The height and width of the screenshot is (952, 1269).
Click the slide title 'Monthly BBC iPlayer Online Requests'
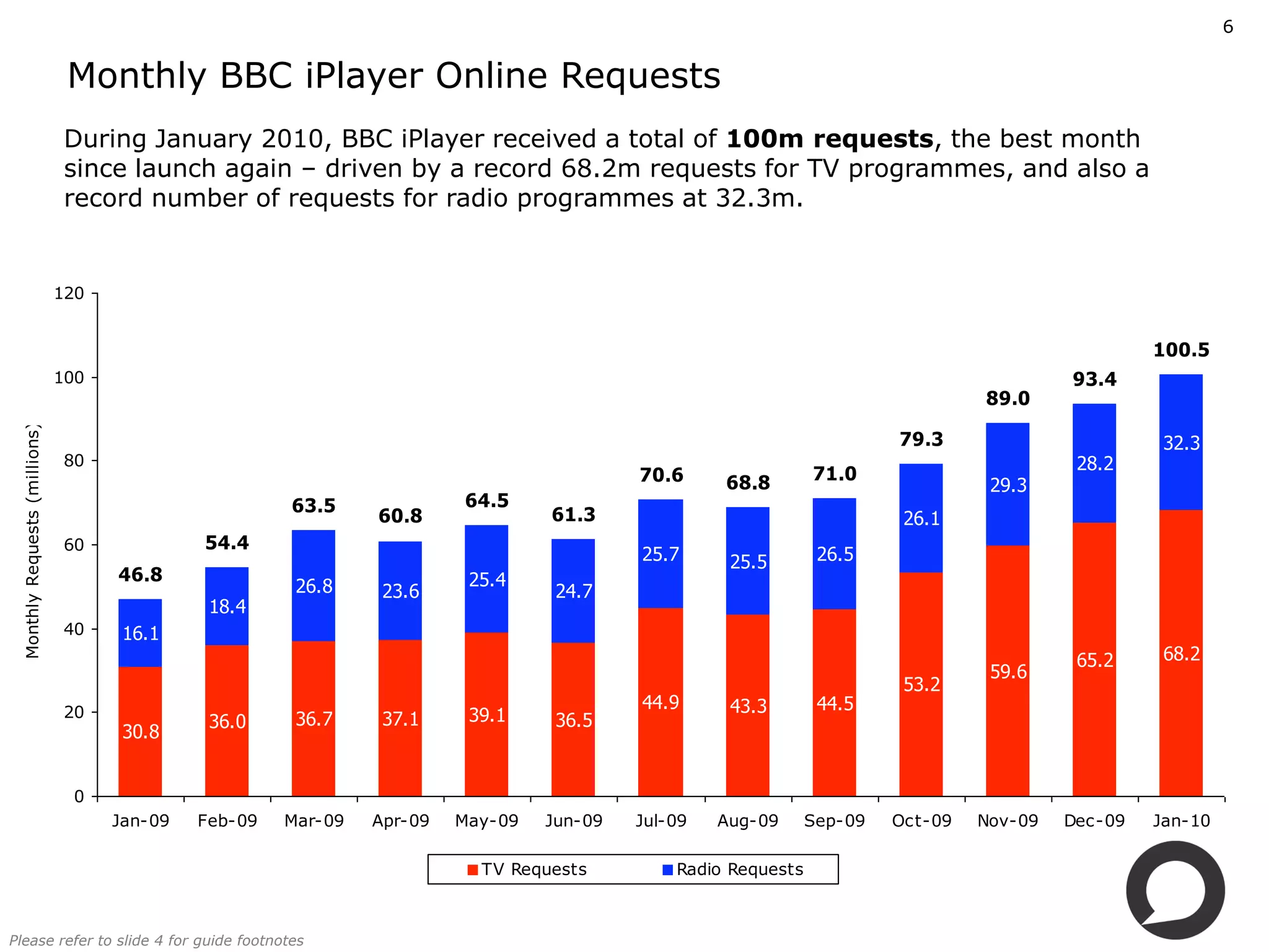point(394,76)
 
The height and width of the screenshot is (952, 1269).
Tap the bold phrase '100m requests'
point(830,139)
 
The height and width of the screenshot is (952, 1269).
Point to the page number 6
point(1227,27)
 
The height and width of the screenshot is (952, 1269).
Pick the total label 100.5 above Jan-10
point(1181,350)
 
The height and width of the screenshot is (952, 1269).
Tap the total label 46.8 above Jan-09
point(140,575)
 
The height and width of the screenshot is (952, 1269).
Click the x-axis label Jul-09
point(661,821)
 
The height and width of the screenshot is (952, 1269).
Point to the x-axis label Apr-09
point(400,821)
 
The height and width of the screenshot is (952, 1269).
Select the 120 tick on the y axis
point(69,293)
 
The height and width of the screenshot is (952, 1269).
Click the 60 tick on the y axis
point(74,545)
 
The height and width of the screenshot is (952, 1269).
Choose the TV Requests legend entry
point(527,869)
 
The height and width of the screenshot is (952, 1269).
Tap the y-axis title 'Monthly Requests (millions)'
point(33,541)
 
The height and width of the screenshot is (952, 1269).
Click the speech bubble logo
point(1175,890)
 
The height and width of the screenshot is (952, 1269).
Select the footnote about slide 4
point(156,940)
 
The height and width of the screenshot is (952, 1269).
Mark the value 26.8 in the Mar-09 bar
point(314,586)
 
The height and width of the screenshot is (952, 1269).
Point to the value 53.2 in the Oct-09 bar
point(921,684)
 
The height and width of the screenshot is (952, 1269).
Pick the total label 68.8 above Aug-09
point(748,483)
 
